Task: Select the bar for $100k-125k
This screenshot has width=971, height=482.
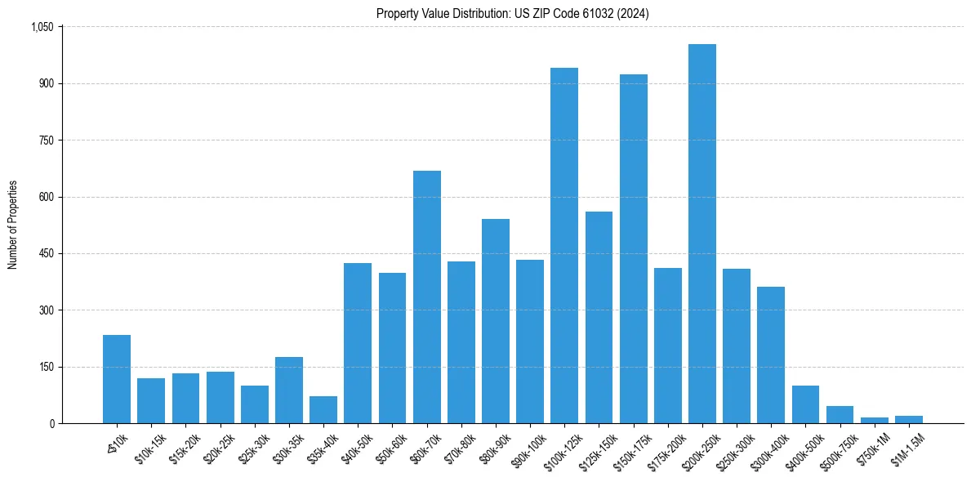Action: pos(564,245)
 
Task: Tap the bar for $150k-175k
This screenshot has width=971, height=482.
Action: pos(633,248)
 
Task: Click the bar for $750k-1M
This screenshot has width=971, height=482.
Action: pos(874,420)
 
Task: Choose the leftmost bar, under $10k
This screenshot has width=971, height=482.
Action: pos(117,379)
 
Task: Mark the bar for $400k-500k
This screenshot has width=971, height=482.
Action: pos(805,404)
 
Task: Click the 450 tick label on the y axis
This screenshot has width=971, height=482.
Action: pos(46,253)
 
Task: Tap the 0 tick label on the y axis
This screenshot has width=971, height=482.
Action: pos(51,423)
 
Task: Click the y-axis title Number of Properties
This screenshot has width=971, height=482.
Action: pos(12,225)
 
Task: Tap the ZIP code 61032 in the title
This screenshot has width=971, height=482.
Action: pos(586,13)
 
